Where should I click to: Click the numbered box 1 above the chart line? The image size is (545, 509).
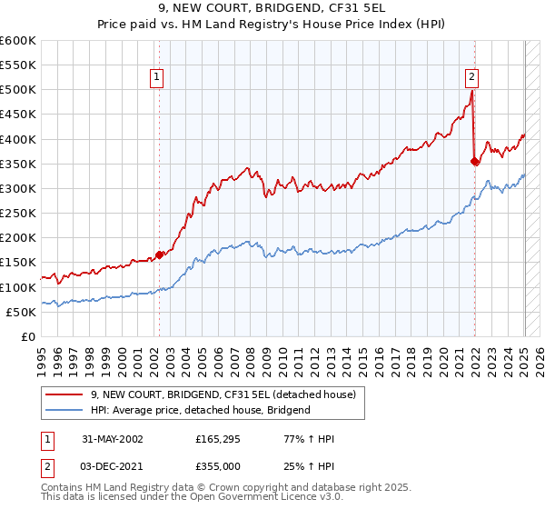[157, 78]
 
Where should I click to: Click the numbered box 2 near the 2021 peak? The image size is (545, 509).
[472, 78]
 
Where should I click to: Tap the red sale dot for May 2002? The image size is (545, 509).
[160, 254]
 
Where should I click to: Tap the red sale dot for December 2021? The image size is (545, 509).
[474, 162]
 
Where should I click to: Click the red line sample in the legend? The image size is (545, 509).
[64, 394]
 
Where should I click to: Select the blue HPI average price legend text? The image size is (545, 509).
[200, 410]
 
